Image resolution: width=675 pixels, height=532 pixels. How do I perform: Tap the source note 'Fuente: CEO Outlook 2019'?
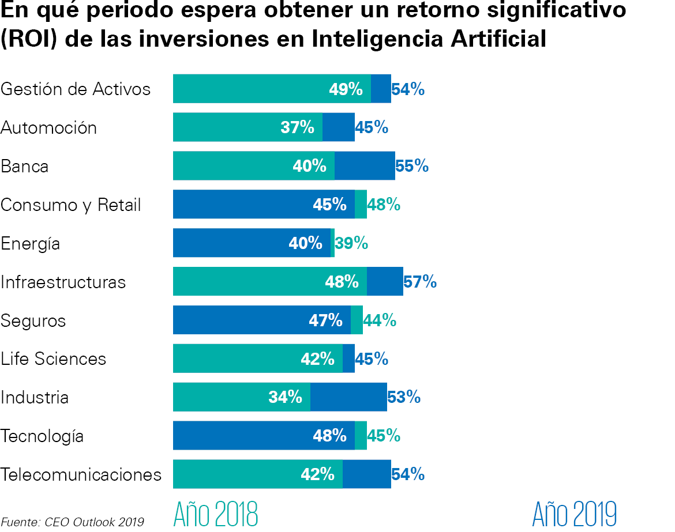[72, 522]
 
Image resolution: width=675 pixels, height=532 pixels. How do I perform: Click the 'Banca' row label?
[25, 167]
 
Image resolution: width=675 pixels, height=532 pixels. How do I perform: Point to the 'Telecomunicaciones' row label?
[81, 475]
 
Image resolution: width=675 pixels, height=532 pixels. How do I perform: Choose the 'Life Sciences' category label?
[54, 359]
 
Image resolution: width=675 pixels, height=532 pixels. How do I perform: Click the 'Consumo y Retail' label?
[71, 205]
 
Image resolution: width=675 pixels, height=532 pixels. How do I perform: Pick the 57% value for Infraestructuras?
[420, 282]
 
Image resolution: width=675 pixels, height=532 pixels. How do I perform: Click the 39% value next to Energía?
[351, 243]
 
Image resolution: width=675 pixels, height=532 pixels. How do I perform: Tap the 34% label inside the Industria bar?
[285, 397]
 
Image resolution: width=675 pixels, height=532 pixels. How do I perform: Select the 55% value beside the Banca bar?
[412, 166]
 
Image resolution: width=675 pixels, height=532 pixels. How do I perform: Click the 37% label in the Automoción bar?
[297, 127]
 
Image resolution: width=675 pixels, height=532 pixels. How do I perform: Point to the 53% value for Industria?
[404, 397]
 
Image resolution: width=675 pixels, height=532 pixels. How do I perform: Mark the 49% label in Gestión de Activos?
[346, 89]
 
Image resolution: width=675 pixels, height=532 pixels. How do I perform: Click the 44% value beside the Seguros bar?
[380, 320]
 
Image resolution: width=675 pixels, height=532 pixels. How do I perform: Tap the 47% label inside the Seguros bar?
[325, 320]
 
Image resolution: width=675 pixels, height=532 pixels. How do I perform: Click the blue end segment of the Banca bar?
[365, 165]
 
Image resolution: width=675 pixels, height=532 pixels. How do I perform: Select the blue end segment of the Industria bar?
[348, 397]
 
